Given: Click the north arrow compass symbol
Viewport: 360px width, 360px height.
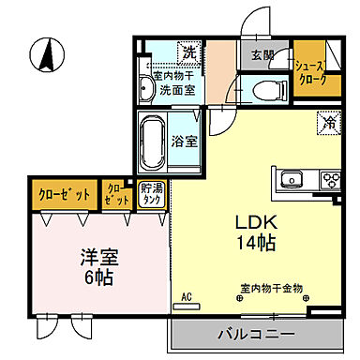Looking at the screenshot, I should (x=44, y=54).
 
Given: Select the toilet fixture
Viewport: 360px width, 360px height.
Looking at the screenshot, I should (x=265, y=89).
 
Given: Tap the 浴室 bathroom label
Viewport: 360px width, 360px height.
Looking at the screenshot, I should (x=184, y=142).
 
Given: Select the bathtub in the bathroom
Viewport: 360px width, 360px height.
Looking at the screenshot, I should (x=154, y=142).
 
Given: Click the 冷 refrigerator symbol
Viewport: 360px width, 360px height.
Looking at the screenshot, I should (x=328, y=121).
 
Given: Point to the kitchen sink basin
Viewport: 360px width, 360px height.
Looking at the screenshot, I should (x=290, y=177).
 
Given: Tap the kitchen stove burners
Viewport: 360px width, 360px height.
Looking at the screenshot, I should (x=330, y=177).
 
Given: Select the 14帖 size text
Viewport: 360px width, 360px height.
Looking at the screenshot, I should (x=253, y=244).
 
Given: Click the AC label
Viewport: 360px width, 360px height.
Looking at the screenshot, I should (x=186, y=297).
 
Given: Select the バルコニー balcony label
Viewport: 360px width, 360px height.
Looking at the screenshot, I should (x=257, y=333).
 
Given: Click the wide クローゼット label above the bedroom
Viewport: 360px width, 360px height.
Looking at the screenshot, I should (x=64, y=195).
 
